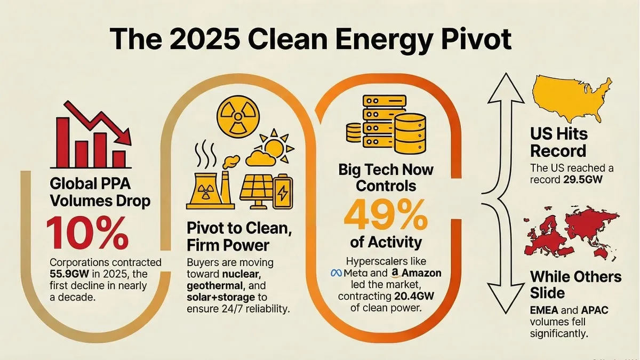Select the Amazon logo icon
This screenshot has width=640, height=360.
point(395,274)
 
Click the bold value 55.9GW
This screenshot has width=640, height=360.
point(65,274)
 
